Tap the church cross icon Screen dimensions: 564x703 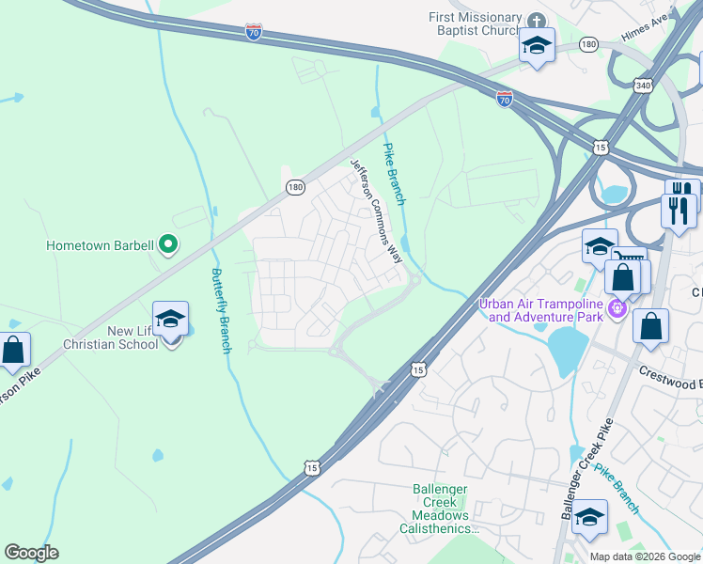pyautogui.click(x=536, y=21)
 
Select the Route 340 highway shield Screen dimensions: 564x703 pyautogui.click(x=642, y=85)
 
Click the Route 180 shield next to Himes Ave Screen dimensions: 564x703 pyautogui.click(x=588, y=44)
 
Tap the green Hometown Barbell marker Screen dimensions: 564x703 pyautogui.click(x=168, y=245)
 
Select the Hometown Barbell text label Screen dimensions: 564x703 pyautogui.click(x=101, y=246)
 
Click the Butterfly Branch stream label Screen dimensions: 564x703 pyautogui.click(x=222, y=310)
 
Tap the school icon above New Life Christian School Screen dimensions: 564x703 pyautogui.click(x=170, y=320)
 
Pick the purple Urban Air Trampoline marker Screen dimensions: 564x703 pyautogui.click(x=617, y=308)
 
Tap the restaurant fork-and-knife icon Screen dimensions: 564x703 pyautogui.click(x=679, y=209)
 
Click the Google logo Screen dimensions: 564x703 pyautogui.click(x=31, y=553)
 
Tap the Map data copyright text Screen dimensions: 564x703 pyautogui.click(x=645, y=556)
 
